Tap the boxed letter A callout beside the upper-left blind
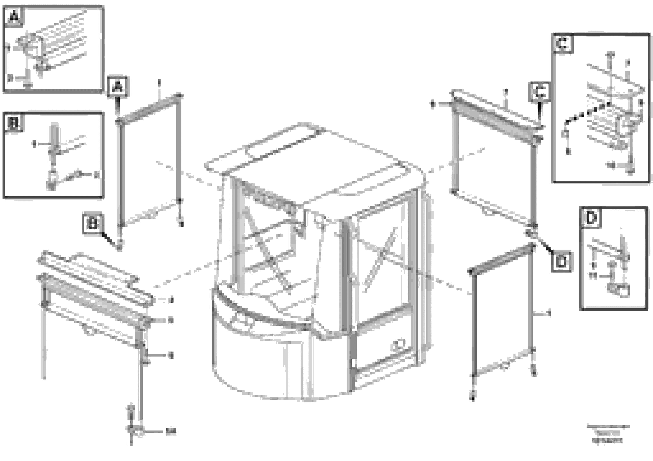point(117,87)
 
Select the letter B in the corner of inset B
point(13,123)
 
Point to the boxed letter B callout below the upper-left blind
point(92,224)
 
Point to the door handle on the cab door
point(398,345)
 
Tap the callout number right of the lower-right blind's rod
point(549,313)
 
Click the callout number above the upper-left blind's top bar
point(159,83)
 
